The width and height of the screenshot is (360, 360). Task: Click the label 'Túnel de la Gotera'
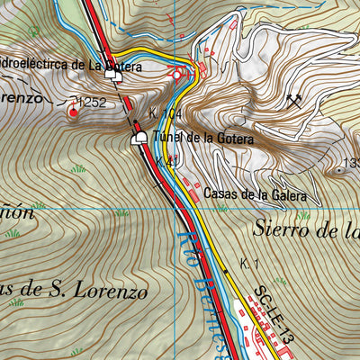point(203,139)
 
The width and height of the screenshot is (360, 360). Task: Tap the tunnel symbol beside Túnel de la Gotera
point(139,138)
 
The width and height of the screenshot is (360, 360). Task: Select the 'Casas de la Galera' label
point(256,193)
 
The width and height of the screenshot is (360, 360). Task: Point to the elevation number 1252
point(98,103)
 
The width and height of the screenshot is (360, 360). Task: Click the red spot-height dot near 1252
point(73,112)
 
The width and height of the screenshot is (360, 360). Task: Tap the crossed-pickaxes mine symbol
point(292,101)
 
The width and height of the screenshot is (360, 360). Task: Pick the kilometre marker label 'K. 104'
point(166,115)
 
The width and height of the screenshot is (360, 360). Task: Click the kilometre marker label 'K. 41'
point(166,161)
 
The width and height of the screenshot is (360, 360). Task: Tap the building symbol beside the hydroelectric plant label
point(114,77)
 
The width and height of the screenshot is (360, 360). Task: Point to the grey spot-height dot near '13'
point(340,169)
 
